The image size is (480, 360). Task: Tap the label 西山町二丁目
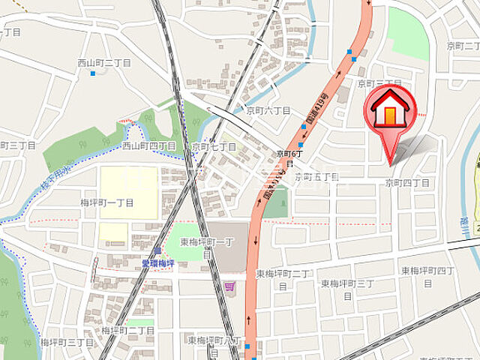coord(103,63)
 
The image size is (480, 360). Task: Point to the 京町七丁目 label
coord(214,147)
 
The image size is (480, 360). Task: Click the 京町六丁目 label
coord(268,110)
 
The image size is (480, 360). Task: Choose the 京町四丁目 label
coord(407,183)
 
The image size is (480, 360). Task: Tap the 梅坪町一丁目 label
coord(106,202)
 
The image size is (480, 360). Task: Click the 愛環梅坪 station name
coord(157,263)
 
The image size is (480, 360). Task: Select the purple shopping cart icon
coord(229,285)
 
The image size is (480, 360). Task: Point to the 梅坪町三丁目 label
coord(67,342)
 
